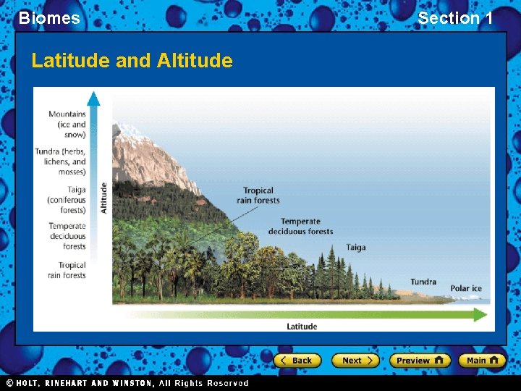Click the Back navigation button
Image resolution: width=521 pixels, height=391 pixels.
coord(296,361)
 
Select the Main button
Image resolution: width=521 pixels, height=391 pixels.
coord(481,361)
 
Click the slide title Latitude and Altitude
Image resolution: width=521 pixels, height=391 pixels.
coord(132,61)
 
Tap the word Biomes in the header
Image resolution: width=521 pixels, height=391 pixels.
coord(49,18)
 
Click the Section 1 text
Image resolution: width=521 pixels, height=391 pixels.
coord(455,18)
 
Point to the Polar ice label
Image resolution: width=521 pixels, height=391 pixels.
coord(466,288)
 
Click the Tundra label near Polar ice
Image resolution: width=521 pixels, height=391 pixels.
coord(423,282)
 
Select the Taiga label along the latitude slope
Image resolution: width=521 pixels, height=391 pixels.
coord(355,248)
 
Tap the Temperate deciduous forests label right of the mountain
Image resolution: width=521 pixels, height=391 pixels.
coord(300,227)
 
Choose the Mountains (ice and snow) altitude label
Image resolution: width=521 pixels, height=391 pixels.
coord(67,124)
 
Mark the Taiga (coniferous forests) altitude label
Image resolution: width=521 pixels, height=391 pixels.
coord(67,200)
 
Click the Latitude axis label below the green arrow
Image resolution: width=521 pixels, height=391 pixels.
coord(302,327)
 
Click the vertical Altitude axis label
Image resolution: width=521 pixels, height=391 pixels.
coord(104,197)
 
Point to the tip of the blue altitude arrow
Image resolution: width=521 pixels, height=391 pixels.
coord(93,95)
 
